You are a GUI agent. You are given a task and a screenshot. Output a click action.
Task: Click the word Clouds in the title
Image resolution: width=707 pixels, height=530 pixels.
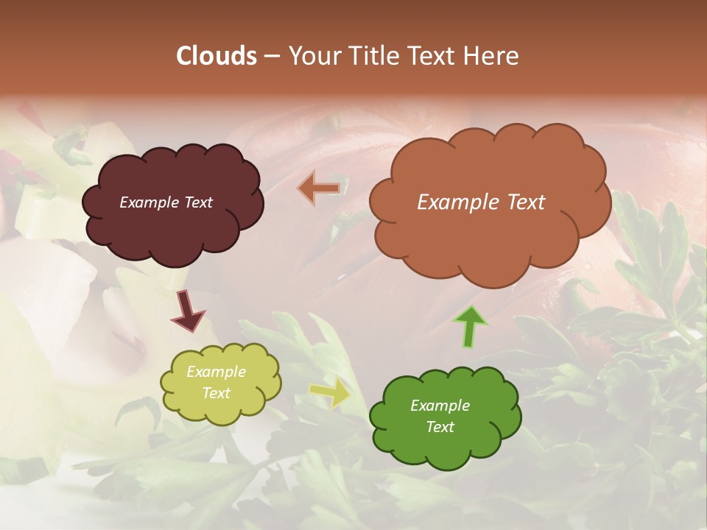(217, 56)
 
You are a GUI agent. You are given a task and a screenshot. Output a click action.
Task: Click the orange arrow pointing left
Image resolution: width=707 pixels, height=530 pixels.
(319, 188)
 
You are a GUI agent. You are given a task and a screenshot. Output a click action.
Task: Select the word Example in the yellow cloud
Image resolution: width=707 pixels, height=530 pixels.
(216, 372)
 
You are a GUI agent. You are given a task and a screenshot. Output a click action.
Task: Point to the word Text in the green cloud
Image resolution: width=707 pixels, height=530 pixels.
(440, 427)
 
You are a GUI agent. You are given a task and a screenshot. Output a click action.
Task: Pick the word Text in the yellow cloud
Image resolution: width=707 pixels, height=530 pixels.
(216, 393)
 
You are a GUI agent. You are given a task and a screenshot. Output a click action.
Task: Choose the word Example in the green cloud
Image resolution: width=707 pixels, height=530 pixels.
(440, 406)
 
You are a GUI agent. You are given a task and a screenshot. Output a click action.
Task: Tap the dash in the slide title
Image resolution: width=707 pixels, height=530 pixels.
(271, 56)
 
